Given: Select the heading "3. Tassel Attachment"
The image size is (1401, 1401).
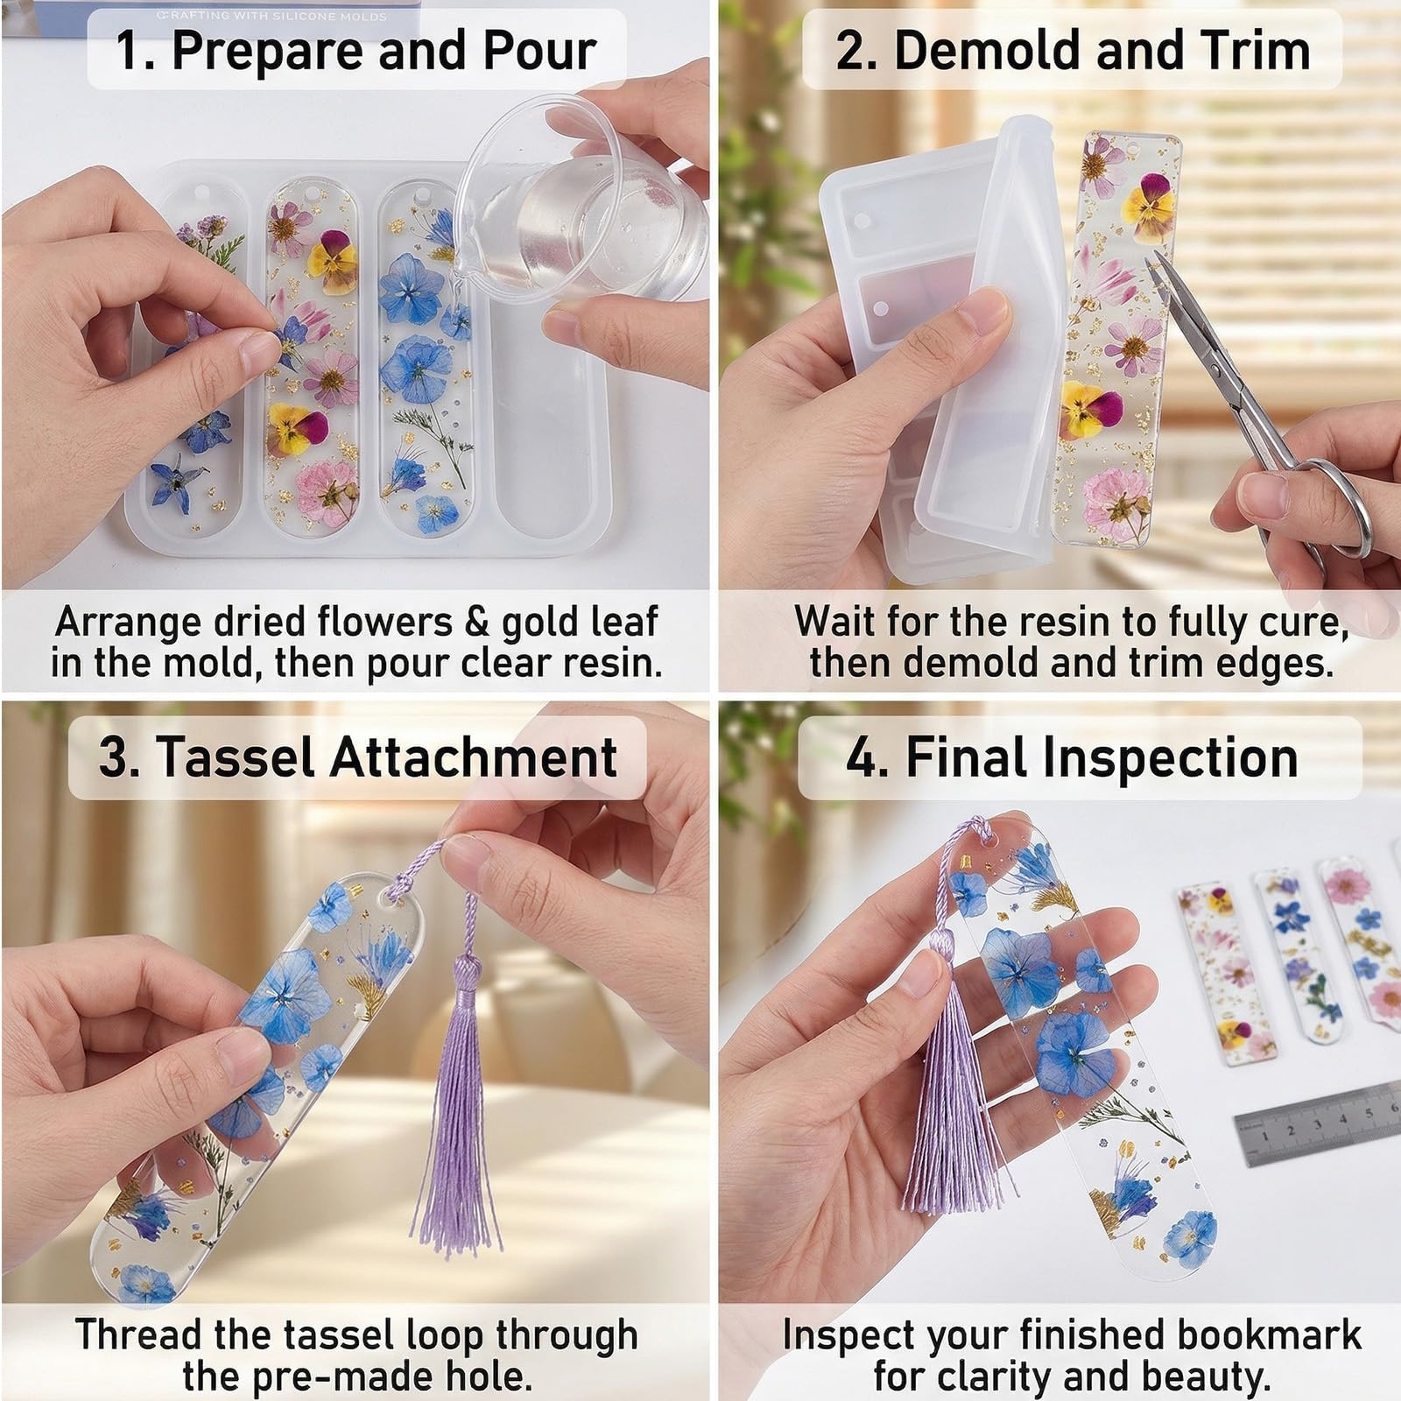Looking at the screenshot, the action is click(357, 757).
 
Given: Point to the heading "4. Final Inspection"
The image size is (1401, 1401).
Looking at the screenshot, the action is click(1072, 757).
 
